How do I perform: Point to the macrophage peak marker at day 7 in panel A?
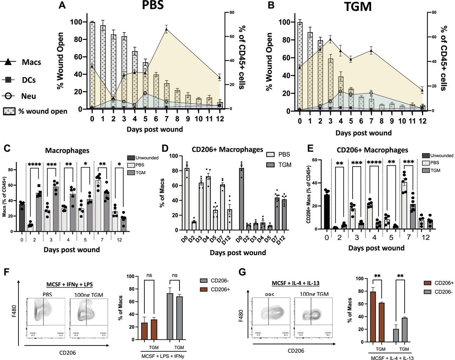click(166, 30)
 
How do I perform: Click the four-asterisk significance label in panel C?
click(35, 165)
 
